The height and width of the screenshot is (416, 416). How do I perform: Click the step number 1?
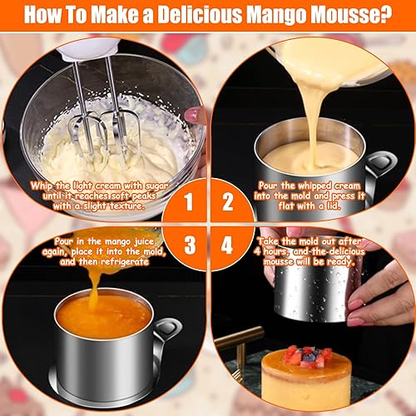click(189, 202)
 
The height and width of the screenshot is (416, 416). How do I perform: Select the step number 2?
click(228, 202)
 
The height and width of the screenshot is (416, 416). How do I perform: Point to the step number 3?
click(190, 245)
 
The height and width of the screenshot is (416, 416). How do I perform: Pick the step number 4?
click(227, 245)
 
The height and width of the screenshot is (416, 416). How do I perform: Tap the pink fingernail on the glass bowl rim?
click(192, 115)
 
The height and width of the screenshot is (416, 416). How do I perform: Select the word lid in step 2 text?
click(334, 206)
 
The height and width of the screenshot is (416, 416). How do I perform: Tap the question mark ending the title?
click(385, 14)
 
